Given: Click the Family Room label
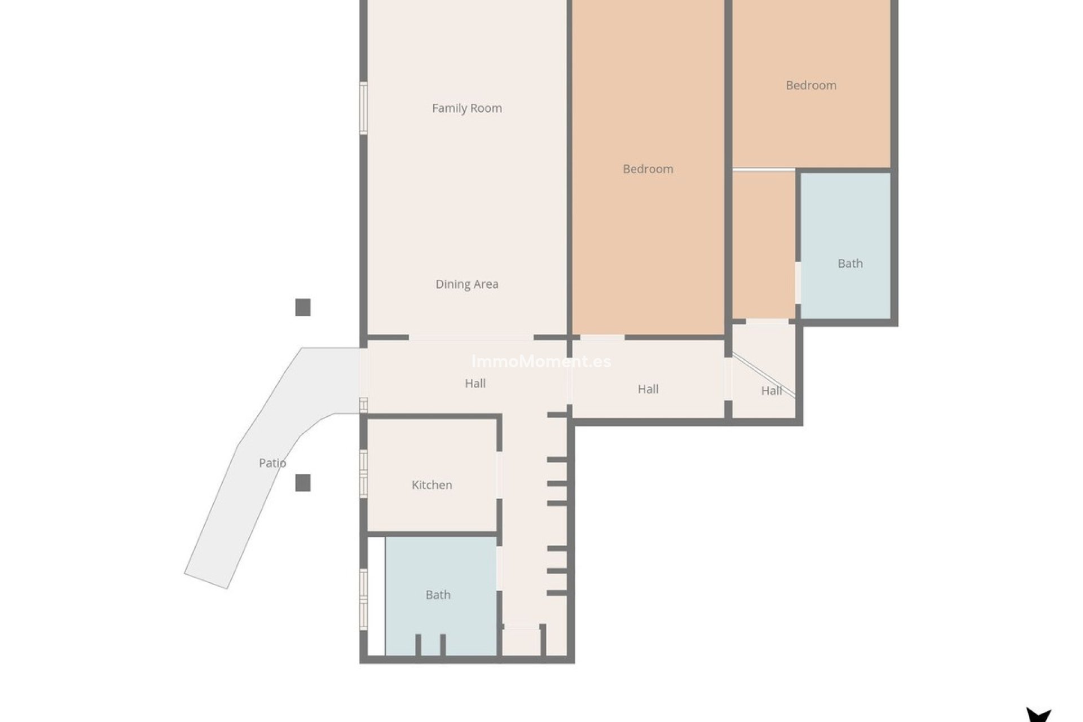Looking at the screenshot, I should [x=466, y=108].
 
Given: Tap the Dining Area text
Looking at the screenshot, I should [x=466, y=284].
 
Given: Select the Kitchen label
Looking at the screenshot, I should [x=432, y=485].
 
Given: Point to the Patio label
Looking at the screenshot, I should [x=272, y=463].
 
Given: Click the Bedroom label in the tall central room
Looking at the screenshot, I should [x=648, y=169].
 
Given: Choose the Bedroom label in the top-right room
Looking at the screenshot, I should [x=811, y=86].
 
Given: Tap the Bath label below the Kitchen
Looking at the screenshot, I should [x=438, y=595].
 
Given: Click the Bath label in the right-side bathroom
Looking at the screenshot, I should [x=849, y=263].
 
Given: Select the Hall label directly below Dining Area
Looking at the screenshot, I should [x=475, y=384].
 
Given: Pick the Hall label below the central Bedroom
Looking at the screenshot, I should [x=648, y=389].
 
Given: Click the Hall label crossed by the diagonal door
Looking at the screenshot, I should [x=771, y=391].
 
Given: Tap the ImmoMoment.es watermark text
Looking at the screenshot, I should [x=541, y=362].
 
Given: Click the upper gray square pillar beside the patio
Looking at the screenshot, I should [x=303, y=307].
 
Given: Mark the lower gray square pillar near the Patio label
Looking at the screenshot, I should [x=303, y=483].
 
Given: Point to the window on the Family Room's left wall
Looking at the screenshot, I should [x=364, y=108].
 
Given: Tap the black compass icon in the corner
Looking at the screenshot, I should [x=1038, y=715].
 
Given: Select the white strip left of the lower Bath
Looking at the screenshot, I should [x=376, y=596].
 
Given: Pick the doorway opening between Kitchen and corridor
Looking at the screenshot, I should [x=499, y=474].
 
